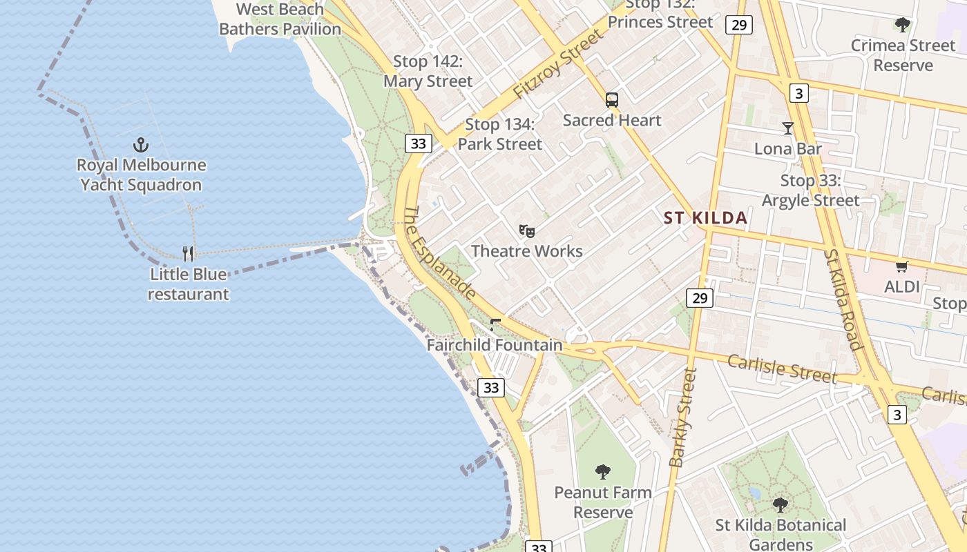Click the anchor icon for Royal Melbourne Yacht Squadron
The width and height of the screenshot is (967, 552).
[x=141, y=145]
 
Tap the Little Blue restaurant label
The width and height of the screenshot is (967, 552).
[x=189, y=284]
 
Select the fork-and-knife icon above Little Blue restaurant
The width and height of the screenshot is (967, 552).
[x=188, y=253]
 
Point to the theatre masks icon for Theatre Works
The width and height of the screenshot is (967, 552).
[x=527, y=230]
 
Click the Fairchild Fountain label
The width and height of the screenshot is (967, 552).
[x=495, y=345]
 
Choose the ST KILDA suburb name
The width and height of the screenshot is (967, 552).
[x=705, y=218]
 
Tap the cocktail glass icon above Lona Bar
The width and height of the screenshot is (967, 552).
[x=787, y=128]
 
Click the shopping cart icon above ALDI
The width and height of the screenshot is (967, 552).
[x=901, y=266]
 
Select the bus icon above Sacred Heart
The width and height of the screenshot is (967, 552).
[x=612, y=100]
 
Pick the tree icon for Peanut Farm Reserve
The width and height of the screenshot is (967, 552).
[x=603, y=472]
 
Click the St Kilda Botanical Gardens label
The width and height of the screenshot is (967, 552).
[x=781, y=535]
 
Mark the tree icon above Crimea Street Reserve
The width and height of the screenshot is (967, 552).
[x=902, y=26]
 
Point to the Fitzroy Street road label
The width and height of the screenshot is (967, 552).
[x=558, y=66]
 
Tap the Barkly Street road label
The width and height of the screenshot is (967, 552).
[x=683, y=417]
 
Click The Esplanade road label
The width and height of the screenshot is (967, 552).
[x=439, y=253]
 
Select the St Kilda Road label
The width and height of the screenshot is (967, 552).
[x=843, y=299]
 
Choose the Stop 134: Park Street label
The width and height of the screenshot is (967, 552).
[x=500, y=135]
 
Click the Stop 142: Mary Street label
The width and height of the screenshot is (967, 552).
[x=428, y=71]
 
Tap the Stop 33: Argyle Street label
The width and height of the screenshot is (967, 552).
[x=810, y=190]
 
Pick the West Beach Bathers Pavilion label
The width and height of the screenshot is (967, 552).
[x=280, y=19]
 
